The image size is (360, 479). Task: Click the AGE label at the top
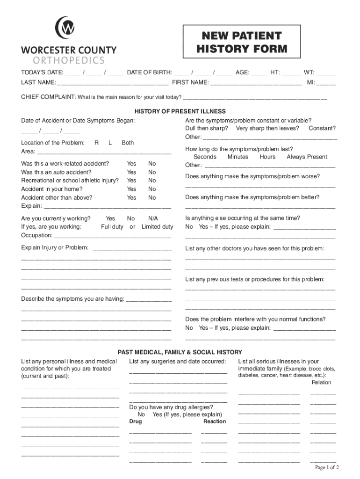click(x=242, y=73)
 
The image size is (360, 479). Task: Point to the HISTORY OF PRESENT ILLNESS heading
click(x=180, y=111)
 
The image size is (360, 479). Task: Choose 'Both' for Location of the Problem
click(x=128, y=143)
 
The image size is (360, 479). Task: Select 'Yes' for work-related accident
click(x=131, y=164)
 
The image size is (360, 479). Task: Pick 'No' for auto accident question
click(x=152, y=172)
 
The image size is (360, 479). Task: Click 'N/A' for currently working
click(x=153, y=218)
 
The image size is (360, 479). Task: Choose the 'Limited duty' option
click(x=157, y=227)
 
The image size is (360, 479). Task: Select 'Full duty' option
click(x=112, y=227)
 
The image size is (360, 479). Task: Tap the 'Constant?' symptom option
click(x=322, y=128)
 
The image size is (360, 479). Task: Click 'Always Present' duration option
click(x=307, y=157)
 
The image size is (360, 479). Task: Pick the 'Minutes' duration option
click(x=238, y=157)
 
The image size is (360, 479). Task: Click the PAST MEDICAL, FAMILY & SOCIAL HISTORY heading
click(x=180, y=352)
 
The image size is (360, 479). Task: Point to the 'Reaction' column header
click(x=214, y=421)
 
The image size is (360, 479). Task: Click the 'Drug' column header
click(x=136, y=421)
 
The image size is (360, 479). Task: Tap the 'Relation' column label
click(x=321, y=382)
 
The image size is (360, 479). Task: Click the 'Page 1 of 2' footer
click(x=327, y=467)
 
